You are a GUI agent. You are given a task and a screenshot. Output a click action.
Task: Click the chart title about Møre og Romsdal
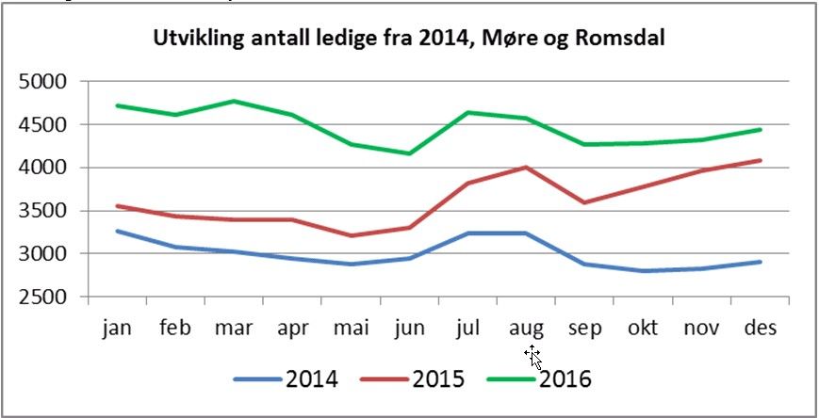pyautogui.click(x=410, y=40)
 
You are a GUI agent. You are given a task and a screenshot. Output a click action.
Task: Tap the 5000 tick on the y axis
pyautogui.click(x=42, y=82)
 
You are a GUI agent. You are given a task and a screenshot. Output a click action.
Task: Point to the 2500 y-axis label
pyautogui.click(x=42, y=297)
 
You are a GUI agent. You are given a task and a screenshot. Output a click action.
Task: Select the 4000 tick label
pyautogui.click(x=42, y=168)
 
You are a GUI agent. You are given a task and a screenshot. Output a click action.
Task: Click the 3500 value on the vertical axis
pyautogui.click(x=42, y=211)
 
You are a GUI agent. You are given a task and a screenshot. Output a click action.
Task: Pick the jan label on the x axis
pyautogui.click(x=117, y=328)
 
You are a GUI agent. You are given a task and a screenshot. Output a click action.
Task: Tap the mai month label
pyautogui.click(x=351, y=328)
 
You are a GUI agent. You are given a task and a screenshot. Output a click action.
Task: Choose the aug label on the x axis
pyautogui.click(x=526, y=329)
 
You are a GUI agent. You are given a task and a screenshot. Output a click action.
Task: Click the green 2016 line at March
pyautogui.click(x=234, y=101)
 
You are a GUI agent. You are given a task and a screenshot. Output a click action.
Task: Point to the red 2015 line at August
pyautogui.click(x=526, y=168)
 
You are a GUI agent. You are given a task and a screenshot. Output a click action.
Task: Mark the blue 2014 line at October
pyautogui.click(x=643, y=271)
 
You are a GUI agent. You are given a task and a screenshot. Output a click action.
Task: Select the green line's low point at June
pyautogui.click(x=409, y=153)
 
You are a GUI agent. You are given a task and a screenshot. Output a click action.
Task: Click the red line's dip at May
pyautogui.click(x=351, y=235)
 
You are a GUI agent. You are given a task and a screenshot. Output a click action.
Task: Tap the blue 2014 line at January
pyautogui.click(x=117, y=231)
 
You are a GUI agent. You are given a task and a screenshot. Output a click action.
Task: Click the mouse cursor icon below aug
pyautogui.click(x=533, y=356)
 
